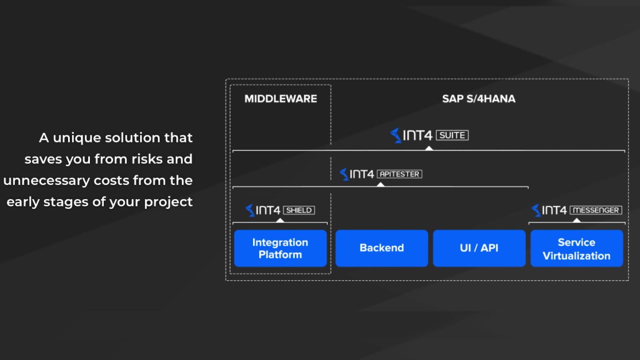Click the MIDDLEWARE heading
point(280,99)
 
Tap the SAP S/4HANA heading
point(479,99)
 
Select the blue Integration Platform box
point(280,248)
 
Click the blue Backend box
point(381,248)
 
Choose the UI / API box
point(479,248)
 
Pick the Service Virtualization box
point(577,248)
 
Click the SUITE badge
point(452,135)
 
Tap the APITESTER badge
point(399,174)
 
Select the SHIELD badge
point(299,210)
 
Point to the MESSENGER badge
point(595,210)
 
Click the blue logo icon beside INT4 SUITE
point(395,135)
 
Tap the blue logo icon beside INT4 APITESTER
point(344,174)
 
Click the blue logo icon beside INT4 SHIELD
point(250,210)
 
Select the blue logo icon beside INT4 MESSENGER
point(536,210)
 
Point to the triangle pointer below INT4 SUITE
point(429,148)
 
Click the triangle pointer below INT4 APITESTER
point(380,184)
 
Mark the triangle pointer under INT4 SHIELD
point(280,220)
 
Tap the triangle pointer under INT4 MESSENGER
point(577,220)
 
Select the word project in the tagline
point(168,202)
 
